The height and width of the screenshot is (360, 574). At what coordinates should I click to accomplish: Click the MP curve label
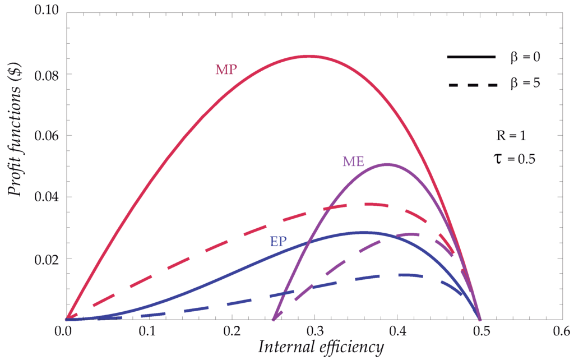pos(226,70)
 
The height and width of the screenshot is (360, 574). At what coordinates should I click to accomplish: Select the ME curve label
pos(354,162)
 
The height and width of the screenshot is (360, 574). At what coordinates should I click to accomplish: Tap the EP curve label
pos(279,242)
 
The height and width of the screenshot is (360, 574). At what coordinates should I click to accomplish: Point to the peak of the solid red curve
pos(309,56)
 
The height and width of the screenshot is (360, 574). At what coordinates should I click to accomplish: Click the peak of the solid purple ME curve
pos(386,164)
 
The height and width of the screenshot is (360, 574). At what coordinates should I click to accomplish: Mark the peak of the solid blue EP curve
pos(363,232)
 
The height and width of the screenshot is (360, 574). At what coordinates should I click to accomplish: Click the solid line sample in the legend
pos(471,57)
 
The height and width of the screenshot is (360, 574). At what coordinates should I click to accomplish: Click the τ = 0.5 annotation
pos(512,159)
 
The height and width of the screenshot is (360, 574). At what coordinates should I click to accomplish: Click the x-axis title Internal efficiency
pos(321,348)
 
